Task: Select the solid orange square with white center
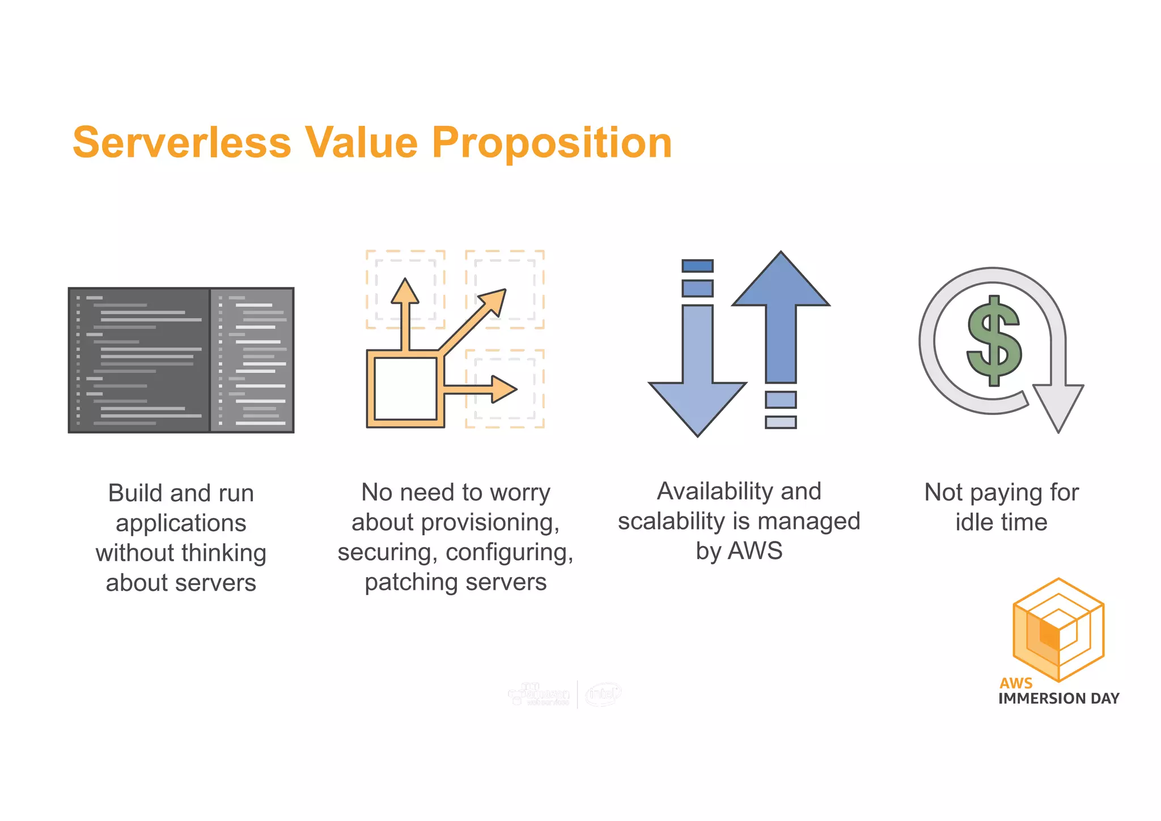405,389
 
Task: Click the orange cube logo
1058,629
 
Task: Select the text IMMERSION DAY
1058,699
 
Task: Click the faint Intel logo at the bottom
603,694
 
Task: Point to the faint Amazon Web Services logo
539,694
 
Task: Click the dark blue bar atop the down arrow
697,266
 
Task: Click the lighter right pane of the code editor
252,360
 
